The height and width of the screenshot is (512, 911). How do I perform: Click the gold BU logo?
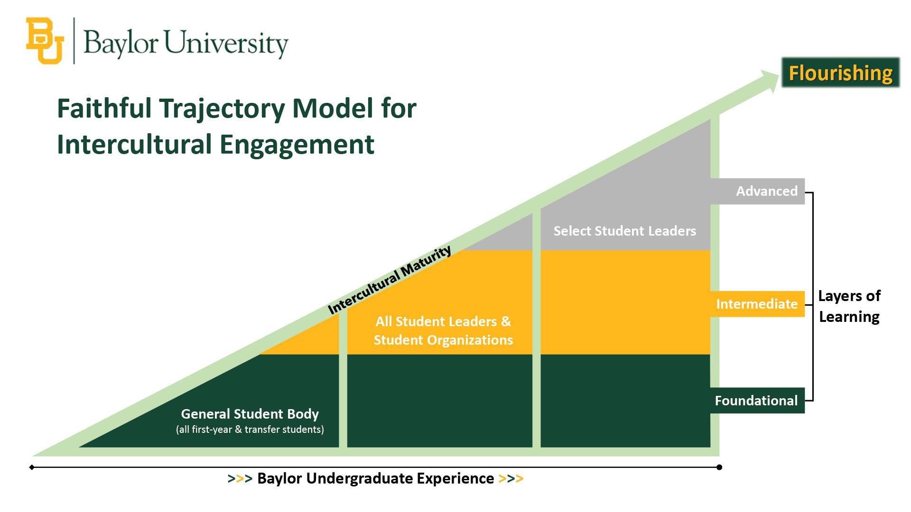point(45,41)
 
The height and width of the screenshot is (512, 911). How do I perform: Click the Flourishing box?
point(840,73)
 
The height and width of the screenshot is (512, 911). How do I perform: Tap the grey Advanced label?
point(766,191)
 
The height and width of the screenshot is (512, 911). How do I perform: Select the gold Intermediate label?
point(757,304)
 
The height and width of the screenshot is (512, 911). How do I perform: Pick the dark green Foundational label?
point(756,401)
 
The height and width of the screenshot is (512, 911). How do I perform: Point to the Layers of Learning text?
point(849,306)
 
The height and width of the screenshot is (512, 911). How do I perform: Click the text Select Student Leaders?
point(624,231)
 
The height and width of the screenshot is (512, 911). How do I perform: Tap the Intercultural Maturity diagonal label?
point(390,280)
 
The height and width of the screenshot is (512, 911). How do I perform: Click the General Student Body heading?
point(250,414)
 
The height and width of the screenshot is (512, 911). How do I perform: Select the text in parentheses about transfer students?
point(250,430)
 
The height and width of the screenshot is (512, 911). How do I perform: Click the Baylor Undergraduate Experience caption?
point(375,478)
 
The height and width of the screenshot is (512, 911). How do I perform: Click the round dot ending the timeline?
point(719,467)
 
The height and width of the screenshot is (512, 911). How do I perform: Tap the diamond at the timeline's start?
point(32,467)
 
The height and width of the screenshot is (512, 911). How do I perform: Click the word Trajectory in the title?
point(222,108)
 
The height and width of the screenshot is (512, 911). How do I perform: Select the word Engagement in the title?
point(297,144)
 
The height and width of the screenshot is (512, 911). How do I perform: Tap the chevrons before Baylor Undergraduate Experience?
point(240,479)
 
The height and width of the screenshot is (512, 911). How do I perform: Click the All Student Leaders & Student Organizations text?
point(443,330)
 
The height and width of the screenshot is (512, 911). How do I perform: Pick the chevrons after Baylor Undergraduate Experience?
point(511,479)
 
